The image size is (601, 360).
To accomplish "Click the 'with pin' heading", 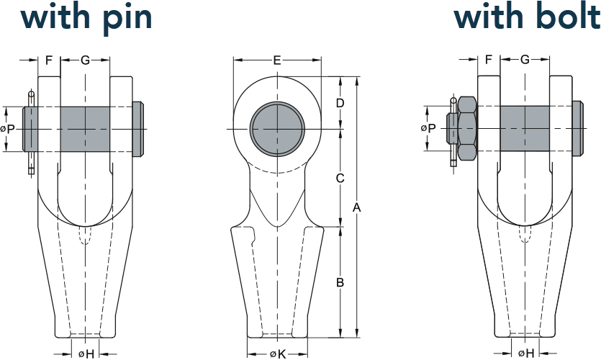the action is [x=86, y=17].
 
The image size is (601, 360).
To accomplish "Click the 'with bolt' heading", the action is [x=527, y=17].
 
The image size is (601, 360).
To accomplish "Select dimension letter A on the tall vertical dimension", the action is [x=357, y=207].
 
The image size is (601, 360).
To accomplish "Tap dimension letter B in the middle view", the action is [x=340, y=282].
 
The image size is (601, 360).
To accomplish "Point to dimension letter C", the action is [x=340, y=179].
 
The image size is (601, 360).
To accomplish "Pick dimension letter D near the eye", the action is [x=340, y=103].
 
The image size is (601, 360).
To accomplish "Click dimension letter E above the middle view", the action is [x=277, y=60].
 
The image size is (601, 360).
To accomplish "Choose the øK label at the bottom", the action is [x=278, y=354].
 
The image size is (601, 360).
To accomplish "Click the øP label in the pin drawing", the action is [x=8, y=129].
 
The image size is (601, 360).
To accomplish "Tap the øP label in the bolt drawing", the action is [x=428, y=128].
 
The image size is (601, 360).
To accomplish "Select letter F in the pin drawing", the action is [x=49, y=60].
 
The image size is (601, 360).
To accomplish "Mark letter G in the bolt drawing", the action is [x=525, y=60].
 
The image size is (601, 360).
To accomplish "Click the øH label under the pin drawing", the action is [x=86, y=354].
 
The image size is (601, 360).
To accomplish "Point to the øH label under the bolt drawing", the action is [x=526, y=354].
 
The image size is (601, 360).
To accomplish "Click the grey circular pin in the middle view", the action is [x=278, y=129].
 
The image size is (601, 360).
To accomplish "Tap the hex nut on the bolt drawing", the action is [x=467, y=128].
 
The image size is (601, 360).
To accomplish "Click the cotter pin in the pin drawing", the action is [x=32, y=133].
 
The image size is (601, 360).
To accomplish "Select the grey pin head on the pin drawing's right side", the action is [x=139, y=129].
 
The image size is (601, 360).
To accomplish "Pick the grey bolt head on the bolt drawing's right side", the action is [x=579, y=128].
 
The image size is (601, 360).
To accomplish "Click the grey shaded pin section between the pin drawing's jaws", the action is [x=85, y=129].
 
